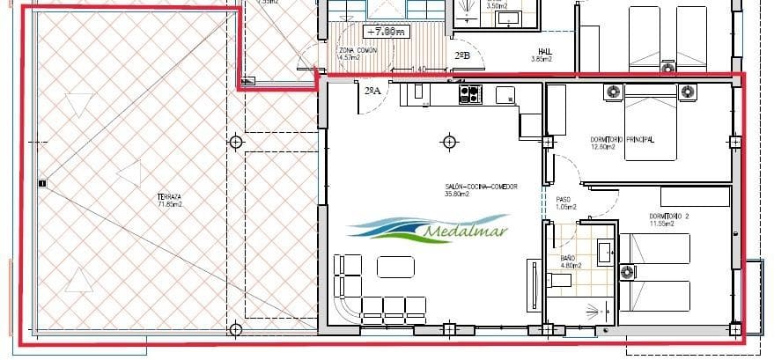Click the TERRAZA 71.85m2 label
pos(169,201)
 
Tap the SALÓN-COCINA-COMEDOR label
pos(481,190)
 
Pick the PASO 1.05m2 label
pos(563,203)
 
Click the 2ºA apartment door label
pos(372,90)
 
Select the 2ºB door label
pos(462,56)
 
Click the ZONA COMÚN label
pos(358,55)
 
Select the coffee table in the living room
pos(396,266)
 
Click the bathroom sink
pos(605,253)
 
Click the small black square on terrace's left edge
pos(41,184)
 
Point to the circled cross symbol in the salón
pos(450,141)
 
